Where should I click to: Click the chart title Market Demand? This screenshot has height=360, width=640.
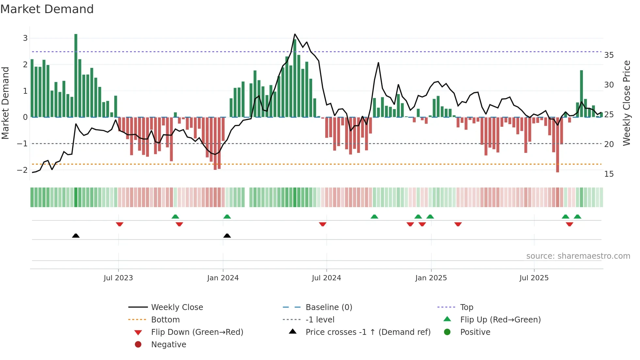(47, 9)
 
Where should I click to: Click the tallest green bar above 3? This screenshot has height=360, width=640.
(76, 75)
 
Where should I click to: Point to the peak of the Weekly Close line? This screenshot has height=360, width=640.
(295, 34)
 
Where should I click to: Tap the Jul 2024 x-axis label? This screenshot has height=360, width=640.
(326, 278)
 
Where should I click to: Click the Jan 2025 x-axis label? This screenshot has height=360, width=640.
(431, 278)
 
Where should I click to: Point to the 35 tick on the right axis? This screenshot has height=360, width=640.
(609, 55)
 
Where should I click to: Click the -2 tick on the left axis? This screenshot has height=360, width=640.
(23, 170)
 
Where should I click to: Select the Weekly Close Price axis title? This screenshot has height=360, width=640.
(626, 103)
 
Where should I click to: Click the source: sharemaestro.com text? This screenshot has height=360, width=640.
(578, 256)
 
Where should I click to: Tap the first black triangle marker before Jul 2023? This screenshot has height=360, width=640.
(76, 236)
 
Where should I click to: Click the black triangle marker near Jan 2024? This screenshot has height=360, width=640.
(227, 236)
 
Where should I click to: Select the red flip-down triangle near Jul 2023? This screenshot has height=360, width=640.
(120, 224)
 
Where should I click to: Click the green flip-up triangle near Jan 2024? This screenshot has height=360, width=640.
(227, 217)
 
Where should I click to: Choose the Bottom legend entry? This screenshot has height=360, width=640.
(165, 320)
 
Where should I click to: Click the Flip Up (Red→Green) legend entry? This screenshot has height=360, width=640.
(500, 320)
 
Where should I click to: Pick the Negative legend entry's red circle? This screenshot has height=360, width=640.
(138, 345)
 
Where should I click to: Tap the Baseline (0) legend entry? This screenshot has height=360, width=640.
(328, 307)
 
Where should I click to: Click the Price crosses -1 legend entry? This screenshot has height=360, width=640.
(368, 332)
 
